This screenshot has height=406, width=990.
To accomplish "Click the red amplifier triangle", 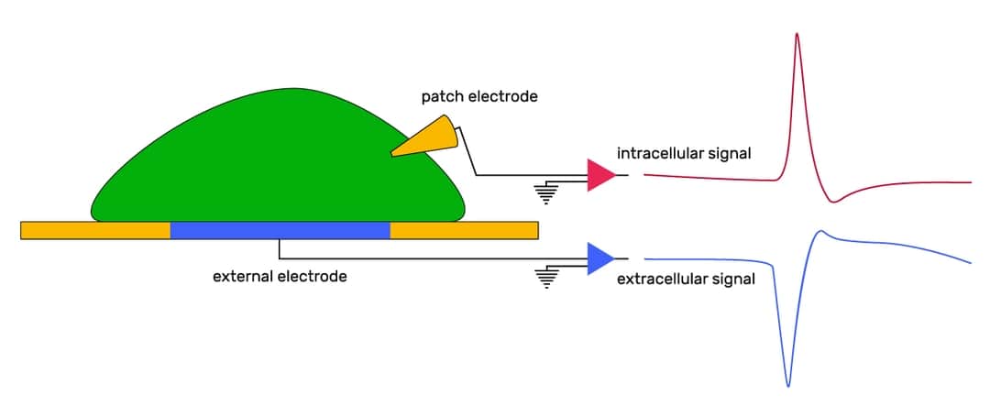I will pos(599,175).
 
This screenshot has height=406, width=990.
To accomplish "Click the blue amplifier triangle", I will pos(599,258).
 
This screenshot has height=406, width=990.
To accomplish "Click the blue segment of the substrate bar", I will pos(280,230).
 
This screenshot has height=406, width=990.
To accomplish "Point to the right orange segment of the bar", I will pos(464,230).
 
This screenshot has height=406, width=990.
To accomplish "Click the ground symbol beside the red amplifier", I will pos(547,192).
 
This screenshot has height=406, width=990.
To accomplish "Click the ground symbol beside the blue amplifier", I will pos(547,276).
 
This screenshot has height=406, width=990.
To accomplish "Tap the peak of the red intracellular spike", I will pos(797,34).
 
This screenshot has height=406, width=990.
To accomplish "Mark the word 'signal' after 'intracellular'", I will pos(730,153).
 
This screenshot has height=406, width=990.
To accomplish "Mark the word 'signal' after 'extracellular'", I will pos(733,280).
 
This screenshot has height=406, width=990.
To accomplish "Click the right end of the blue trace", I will pos(969,262).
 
